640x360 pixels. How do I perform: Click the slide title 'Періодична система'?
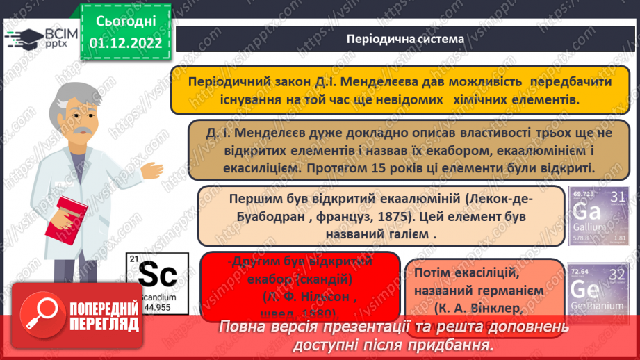405,39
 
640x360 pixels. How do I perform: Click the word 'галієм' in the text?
402,234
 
